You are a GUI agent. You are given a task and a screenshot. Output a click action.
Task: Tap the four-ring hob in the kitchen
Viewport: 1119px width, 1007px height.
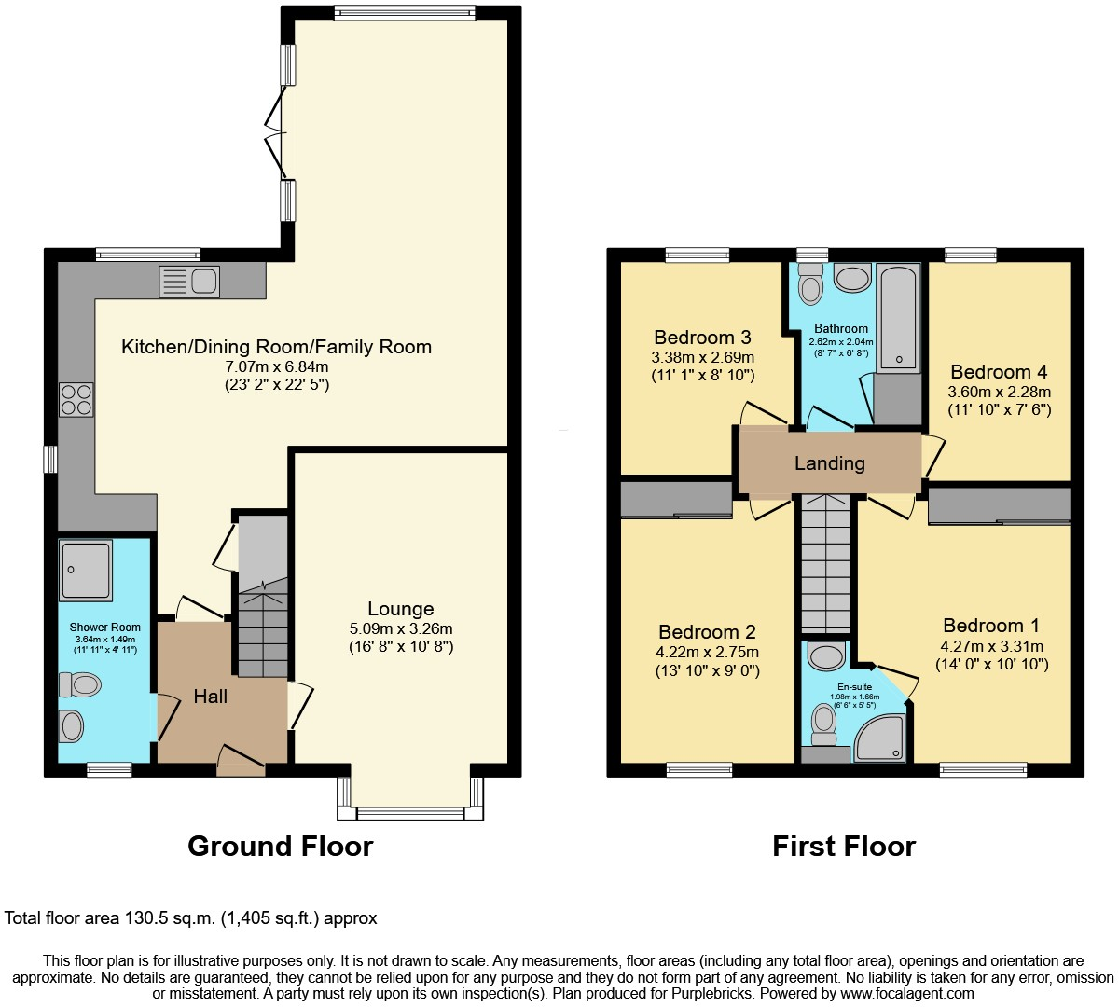tap(76, 400)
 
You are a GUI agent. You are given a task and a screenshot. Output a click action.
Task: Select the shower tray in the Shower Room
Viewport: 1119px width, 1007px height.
tap(86, 570)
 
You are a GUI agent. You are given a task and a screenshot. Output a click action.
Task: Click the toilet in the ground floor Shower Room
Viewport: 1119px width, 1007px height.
tap(80, 685)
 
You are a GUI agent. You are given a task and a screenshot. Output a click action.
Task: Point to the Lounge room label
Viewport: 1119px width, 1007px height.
tap(400, 609)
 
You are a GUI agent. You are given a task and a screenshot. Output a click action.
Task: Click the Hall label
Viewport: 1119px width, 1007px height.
tap(211, 697)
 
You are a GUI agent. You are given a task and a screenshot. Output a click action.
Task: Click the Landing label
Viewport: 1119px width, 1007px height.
tap(829, 463)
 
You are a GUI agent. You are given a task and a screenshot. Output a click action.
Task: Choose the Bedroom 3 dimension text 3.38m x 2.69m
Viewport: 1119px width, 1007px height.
tap(702, 357)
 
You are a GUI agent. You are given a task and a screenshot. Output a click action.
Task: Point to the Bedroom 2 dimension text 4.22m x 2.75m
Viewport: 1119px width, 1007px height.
tap(708, 652)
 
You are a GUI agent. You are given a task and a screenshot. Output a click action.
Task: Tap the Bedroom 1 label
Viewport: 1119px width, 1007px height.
tap(991, 626)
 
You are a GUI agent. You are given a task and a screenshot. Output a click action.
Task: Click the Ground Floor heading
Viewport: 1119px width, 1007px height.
tap(280, 846)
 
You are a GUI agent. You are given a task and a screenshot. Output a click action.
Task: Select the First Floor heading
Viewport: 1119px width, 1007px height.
tap(844, 846)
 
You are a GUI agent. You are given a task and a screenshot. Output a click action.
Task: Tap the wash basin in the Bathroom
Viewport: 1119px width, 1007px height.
tap(851, 277)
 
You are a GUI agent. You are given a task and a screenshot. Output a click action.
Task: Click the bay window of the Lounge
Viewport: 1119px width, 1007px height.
tap(410, 813)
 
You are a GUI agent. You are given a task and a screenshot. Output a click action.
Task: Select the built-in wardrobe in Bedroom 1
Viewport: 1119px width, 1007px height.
tap(999, 506)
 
